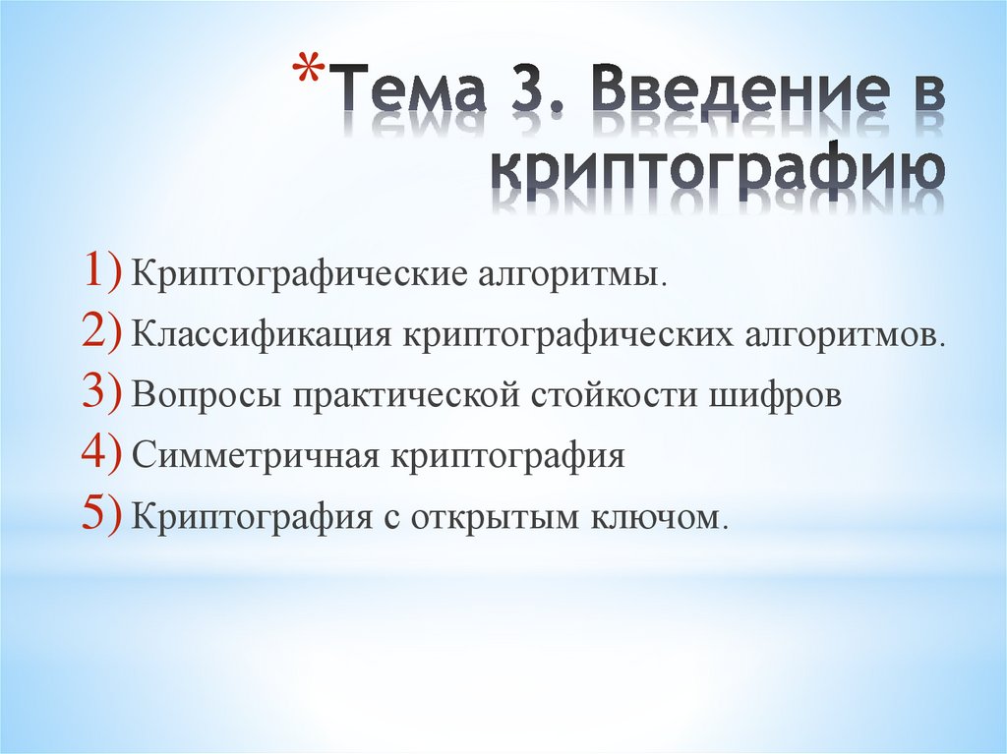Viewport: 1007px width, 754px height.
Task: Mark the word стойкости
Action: [x=608, y=396]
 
